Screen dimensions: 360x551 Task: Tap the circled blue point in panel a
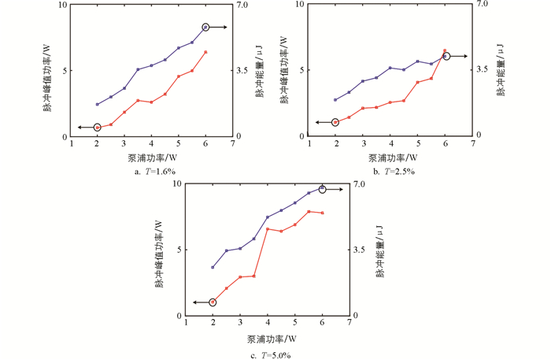tap(205, 28)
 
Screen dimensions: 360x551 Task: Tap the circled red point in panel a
tap(98, 127)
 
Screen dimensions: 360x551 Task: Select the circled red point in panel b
tap(336, 122)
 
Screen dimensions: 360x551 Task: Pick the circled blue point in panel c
tap(322, 189)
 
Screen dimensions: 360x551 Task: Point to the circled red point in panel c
tap(213, 302)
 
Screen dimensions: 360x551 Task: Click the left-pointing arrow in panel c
tap(199, 302)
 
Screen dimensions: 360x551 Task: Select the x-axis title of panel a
tap(150, 157)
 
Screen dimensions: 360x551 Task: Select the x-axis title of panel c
tap(271, 340)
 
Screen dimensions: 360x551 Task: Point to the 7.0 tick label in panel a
tap(243, 5)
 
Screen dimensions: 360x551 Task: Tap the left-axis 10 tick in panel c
tap(178, 184)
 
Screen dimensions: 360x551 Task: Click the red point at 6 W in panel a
tap(205, 52)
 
